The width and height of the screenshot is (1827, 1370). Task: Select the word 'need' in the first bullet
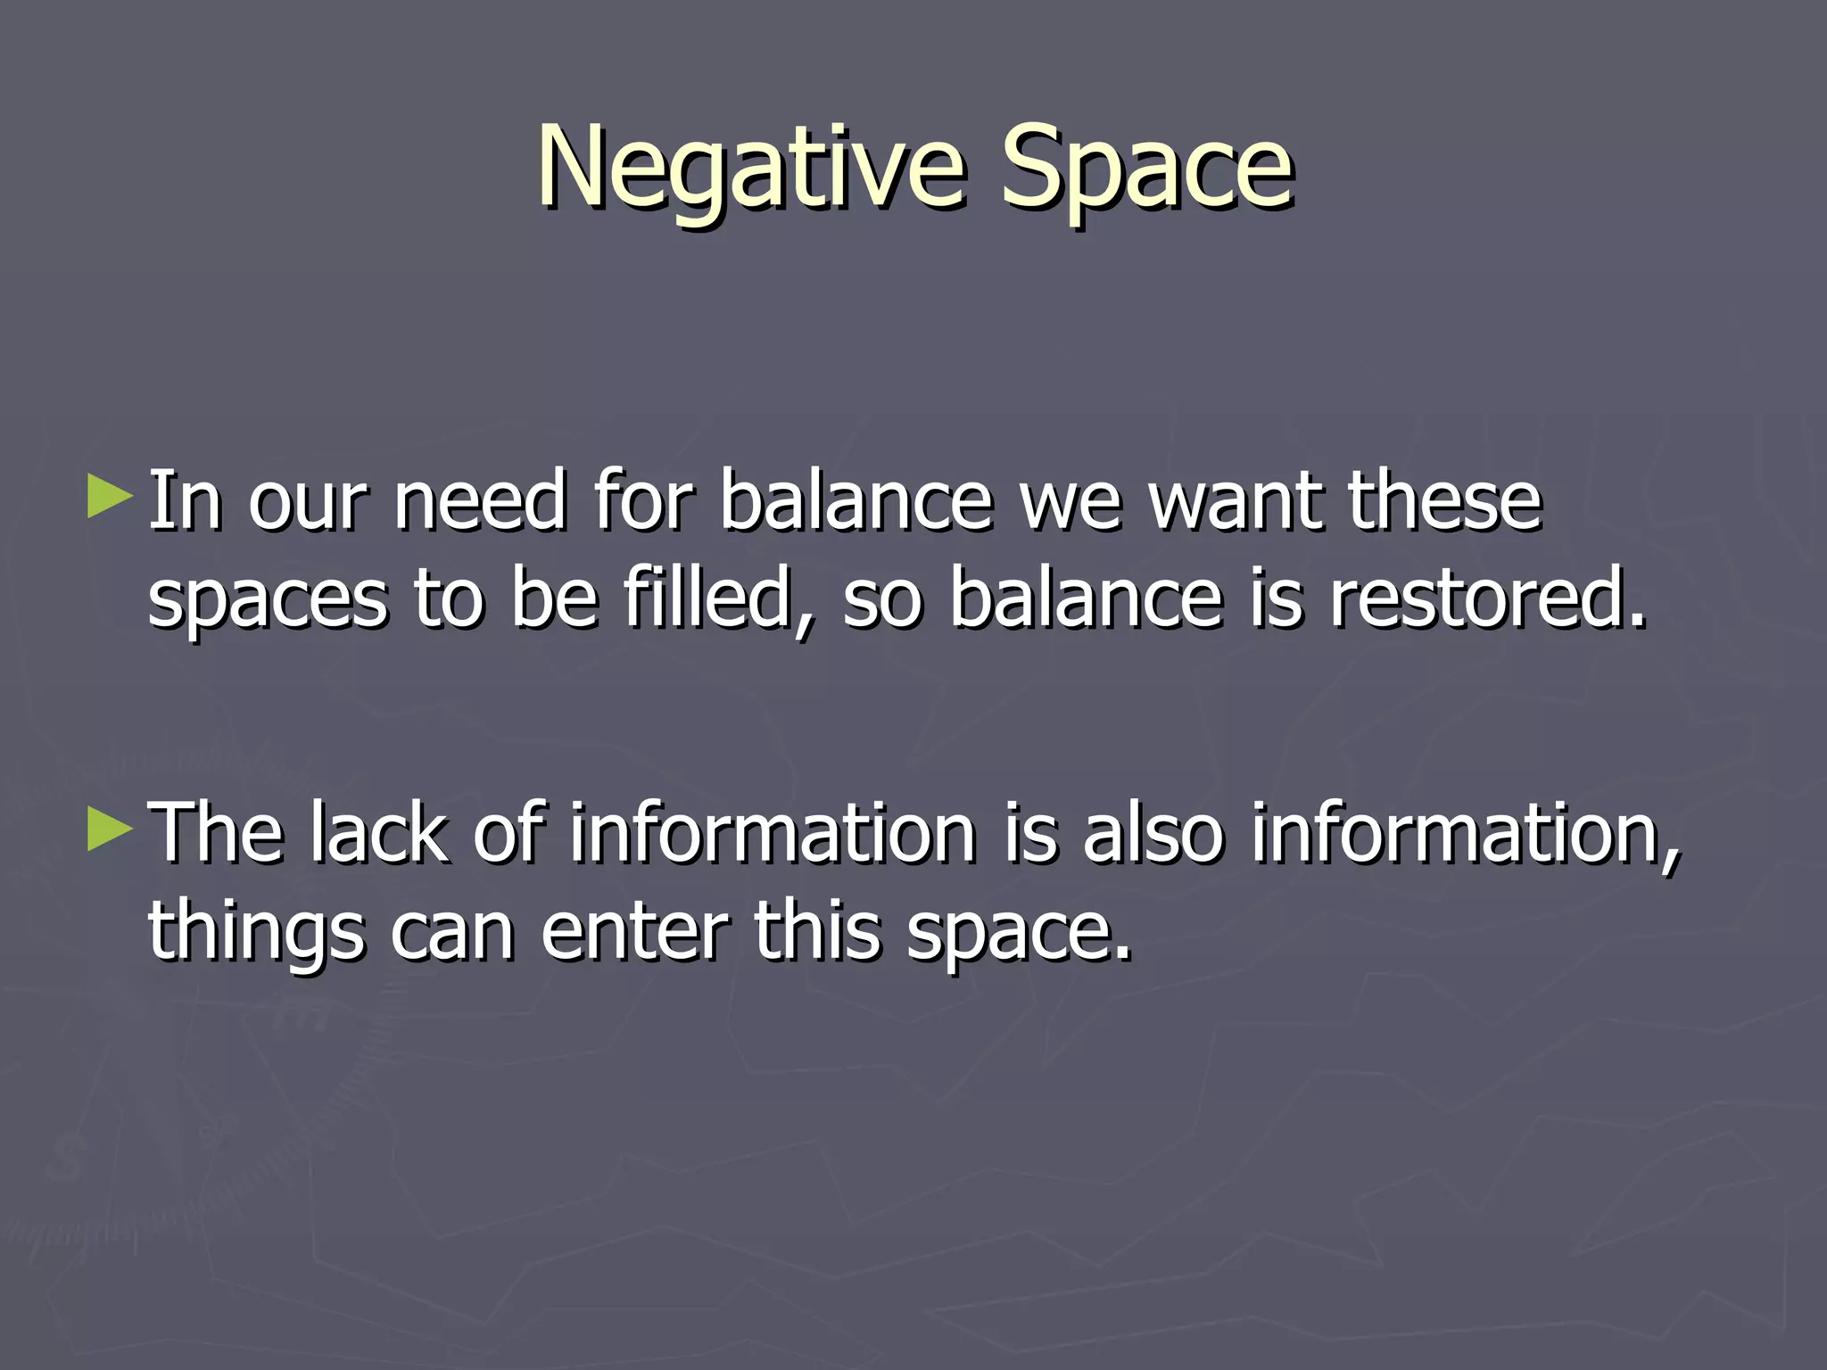pos(480,501)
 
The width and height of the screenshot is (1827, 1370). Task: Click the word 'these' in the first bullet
pos(1444,501)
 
